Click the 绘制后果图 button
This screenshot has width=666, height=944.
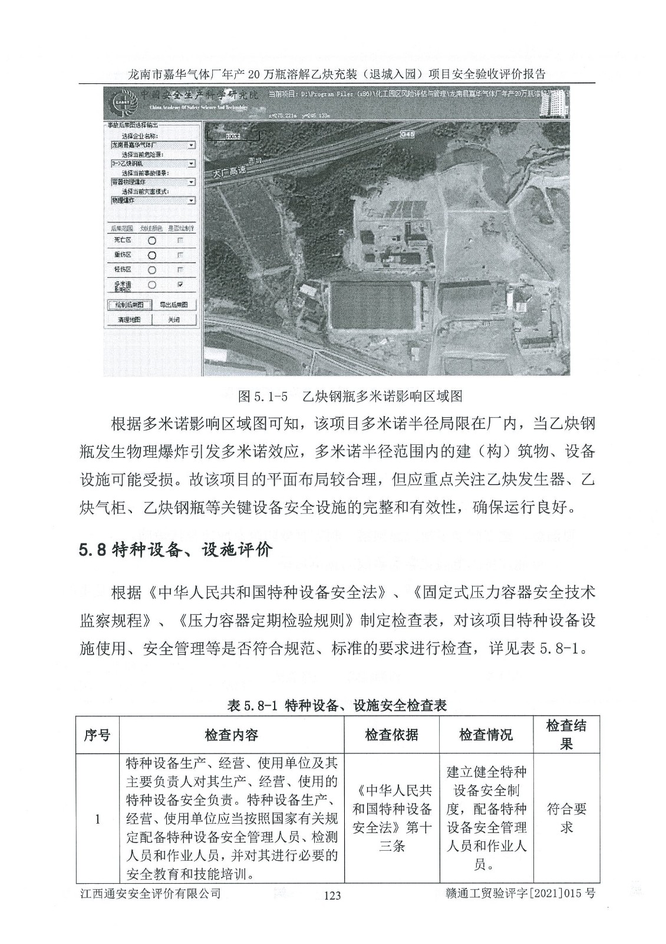129,305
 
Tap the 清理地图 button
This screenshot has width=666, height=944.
129,320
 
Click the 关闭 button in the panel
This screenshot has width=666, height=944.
173,320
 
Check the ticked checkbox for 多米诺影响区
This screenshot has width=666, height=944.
180,284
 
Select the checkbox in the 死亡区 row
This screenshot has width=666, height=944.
180,240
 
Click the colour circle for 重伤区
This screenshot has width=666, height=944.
152,255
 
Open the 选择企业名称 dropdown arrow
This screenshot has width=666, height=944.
191,145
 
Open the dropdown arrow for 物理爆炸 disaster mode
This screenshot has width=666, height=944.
191,201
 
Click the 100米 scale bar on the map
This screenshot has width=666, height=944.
234,137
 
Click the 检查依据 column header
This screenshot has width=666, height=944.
391,735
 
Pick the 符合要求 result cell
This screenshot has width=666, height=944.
566,818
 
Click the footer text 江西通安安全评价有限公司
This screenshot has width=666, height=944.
150,894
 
